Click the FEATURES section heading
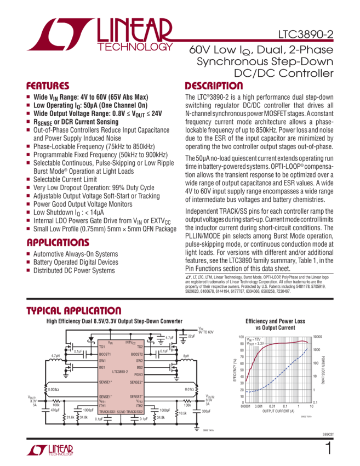pos(48,86)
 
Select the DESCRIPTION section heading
pos(210,86)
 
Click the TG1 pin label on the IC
pos(102,346)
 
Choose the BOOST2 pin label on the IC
pos(137,354)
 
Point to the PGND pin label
pos(139,374)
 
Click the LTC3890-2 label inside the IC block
pos(119,371)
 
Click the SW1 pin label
pos(102,361)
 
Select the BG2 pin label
pos(140,367)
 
